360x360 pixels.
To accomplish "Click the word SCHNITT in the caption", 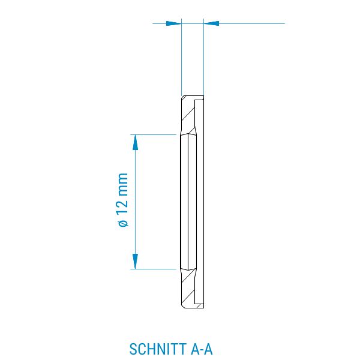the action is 158,349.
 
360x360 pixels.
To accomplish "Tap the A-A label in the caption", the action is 202,349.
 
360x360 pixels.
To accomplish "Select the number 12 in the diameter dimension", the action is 123,205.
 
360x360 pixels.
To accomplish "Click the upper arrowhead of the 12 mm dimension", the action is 136,142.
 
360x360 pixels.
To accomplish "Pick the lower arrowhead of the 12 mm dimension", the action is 136,261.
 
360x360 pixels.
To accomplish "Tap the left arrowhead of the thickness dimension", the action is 173,23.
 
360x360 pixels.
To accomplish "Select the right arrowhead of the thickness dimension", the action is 211,23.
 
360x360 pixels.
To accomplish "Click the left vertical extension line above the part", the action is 181,57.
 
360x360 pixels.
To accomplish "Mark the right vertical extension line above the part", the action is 203,57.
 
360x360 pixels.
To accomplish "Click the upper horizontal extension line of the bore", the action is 154,135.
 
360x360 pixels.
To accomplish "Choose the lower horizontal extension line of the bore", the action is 154,269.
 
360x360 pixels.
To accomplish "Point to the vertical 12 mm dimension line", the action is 136,202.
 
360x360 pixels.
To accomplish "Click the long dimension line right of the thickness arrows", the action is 252,23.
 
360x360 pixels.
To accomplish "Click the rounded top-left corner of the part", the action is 183,97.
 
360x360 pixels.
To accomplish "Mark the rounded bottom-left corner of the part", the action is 183,306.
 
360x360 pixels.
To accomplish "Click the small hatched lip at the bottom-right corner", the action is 201,306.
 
